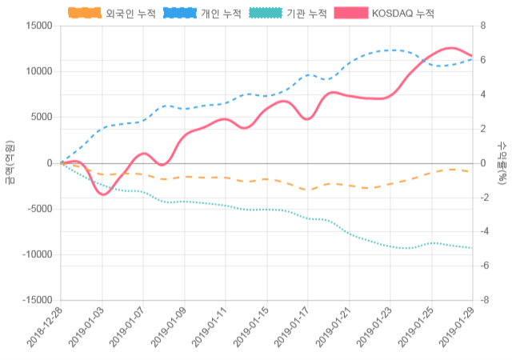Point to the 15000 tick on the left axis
[38, 26]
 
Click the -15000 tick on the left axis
[36, 300]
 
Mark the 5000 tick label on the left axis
[40, 117]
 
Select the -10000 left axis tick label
[36, 254]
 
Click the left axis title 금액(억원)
[10, 162]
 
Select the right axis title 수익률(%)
[502, 162]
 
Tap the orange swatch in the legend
[85, 14]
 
